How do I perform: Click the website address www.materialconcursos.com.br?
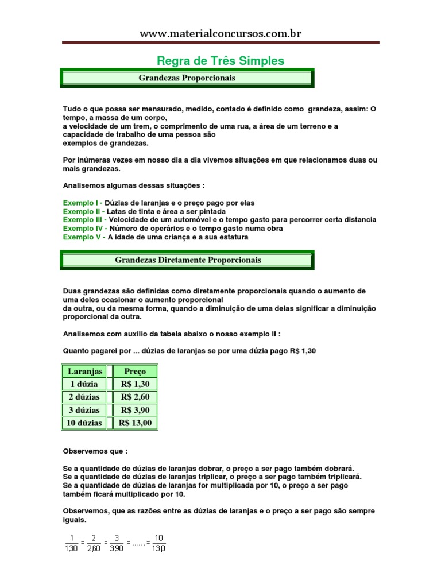coord(220,34)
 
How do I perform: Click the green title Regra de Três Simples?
coord(220,61)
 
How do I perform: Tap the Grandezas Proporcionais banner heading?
coord(187,78)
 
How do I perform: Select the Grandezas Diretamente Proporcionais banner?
coord(188,260)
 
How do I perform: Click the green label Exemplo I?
coord(83,203)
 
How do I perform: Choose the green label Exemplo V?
coord(84,237)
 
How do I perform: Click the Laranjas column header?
coord(84,372)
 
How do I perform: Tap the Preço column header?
coord(135,372)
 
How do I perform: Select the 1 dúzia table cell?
coord(84,384)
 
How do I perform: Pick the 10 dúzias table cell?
coord(84,423)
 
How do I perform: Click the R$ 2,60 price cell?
coord(135,397)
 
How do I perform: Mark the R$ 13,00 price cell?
coord(135,423)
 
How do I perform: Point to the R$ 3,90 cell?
coord(135,410)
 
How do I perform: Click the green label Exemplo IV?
coord(85,228)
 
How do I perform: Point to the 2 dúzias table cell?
coord(84,397)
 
